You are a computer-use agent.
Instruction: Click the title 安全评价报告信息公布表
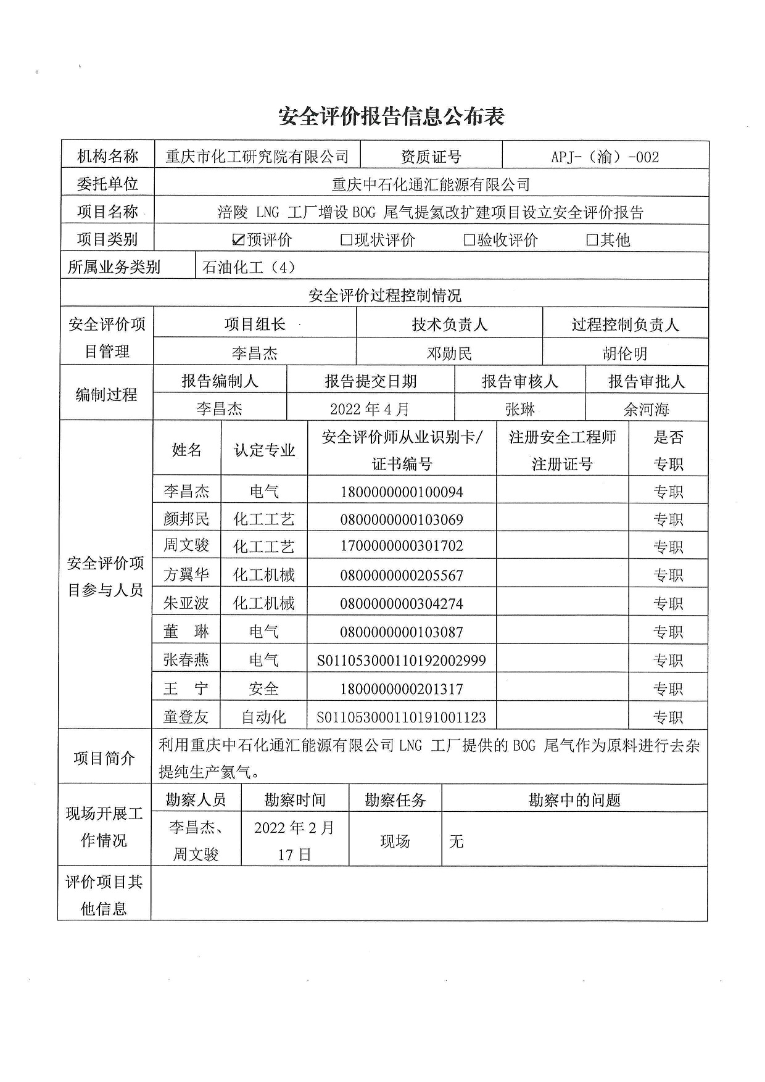[x=391, y=117]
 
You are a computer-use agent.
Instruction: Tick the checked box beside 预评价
[x=239, y=240]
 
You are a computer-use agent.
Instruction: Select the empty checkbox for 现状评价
[x=347, y=240]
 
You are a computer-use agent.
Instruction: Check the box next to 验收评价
[x=469, y=240]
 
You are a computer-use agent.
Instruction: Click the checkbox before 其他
[x=592, y=240]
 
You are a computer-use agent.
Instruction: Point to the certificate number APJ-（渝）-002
[x=605, y=157]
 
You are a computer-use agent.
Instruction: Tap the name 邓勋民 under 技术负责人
[x=449, y=353]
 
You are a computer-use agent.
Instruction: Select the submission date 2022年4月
[x=370, y=409]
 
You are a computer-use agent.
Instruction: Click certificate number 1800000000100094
[x=401, y=492]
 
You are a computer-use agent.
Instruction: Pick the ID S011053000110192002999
[x=401, y=661]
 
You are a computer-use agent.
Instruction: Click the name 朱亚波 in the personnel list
[x=186, y=603]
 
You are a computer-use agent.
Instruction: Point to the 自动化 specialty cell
[x=263, y=717]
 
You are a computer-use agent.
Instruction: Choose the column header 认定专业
[x=264, y=450]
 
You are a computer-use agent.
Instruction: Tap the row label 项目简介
[x=104, y=758]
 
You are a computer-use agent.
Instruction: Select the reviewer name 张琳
[x=519, y=409]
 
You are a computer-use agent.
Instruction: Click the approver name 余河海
[x=646, y=409]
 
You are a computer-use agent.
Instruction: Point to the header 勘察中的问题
[x=574, y=800]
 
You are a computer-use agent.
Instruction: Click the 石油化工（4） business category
[x=249, y=268]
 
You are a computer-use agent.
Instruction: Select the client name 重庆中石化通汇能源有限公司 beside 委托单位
[x=431, y=184]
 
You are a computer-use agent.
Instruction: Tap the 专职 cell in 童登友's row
[x=668, y=717]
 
